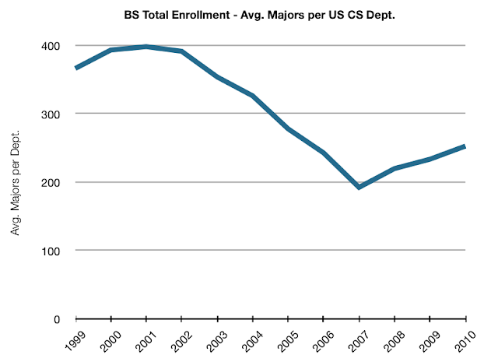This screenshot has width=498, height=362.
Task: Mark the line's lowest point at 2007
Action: pyautogui.click(x=359, y=188)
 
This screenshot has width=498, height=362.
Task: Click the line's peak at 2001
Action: pyautogui.click(x=146, y=47)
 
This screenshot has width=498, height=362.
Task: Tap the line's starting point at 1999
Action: pyautogui.click(x=76, y=69)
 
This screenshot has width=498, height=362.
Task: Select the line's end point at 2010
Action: pyautogui.click(x=465, y=146)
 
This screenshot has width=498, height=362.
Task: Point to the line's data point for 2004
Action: pyautogui.click(x=253, y=96)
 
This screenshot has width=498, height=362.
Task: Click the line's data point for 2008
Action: pyautogui.click(x=395, y=168)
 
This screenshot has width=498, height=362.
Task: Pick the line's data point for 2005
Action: pyautogui.click(x=289, y=129)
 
